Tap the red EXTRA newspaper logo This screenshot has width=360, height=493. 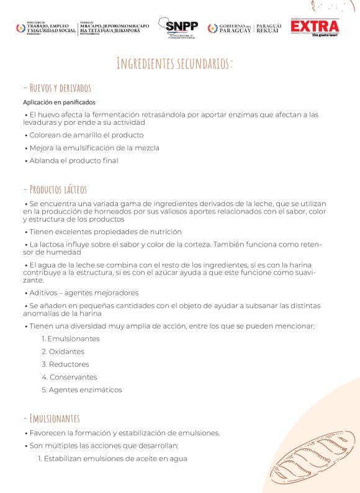click(x=315, y=27)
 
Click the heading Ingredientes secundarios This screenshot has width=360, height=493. click(x=174, y=63)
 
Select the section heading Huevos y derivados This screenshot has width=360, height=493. click(x=56, y=88)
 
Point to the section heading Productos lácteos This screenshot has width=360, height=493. click(x=55, y=189)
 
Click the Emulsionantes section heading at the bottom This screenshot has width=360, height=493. click(x=51, y=418)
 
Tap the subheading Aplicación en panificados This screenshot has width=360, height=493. click(x=59, y=102)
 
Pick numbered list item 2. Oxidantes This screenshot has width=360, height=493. click(x=63, y=351)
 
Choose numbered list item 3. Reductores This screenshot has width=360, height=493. click(x=65, y=364)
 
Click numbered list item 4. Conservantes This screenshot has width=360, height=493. click(x=69, y=377)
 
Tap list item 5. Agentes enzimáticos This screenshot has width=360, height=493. click(x=81, y=390)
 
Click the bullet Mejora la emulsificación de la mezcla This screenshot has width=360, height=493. click(x=94, y=148)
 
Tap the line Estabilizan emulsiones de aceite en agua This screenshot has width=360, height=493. click(x=112, y=459)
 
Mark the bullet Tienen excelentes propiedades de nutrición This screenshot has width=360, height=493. click(x=106, y=232)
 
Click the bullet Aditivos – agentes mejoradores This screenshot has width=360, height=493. click(x=84, y=292)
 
